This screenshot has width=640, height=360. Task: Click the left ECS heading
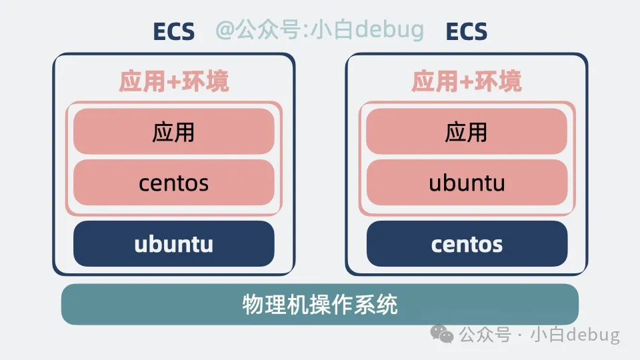174,31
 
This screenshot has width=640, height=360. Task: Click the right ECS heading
466,31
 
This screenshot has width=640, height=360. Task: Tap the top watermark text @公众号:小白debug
319,29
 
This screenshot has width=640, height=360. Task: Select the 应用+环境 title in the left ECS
174,81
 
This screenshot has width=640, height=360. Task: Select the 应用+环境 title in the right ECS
467,81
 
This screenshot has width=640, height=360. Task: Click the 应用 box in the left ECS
174,131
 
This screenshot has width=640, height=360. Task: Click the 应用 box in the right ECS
467,131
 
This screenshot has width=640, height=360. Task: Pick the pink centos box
174,182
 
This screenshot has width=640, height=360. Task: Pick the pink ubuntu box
467,182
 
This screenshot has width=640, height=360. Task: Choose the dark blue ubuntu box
174,244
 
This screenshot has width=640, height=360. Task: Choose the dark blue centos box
467,244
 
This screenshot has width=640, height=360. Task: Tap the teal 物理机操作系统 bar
319,305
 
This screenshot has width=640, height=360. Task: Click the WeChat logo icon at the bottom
441,333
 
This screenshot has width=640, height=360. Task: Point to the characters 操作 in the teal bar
319,305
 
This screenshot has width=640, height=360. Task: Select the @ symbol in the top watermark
225,30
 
